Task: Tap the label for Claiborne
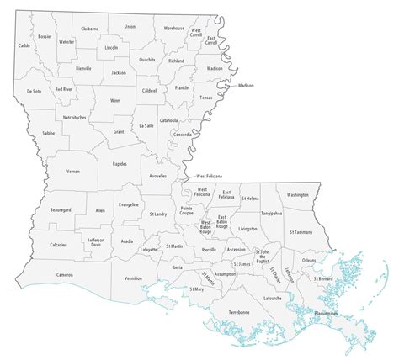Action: [92, 29]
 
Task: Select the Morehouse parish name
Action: [173, 29]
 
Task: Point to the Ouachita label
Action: [146, 59]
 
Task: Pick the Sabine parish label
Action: [48, 133]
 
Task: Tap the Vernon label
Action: [73, 171]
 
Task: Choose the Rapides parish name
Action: [120, 164]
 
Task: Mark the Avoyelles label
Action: [157, 175]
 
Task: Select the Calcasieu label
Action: [59, 245]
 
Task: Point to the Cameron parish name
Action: [65, 275]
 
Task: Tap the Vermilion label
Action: [133, 277]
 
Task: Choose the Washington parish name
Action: [297, 194]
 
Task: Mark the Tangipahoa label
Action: [271, 214]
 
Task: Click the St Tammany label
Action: [301, 231]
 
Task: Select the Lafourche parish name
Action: [272, 298]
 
